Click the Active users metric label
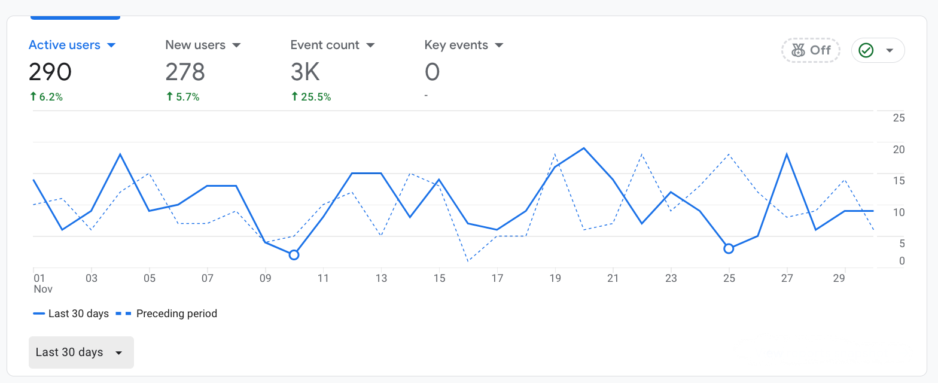tap(65, 45)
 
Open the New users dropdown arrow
tap(236, 45)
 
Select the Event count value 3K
tap(305, 72)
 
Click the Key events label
tap(456, 45)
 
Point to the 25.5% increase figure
tap(310, 97)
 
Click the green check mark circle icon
tap(866, 50)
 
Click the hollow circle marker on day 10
tap(294, 255)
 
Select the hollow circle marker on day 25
tap(729, 248)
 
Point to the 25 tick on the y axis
tap(899, 118)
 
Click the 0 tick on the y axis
tap(902, 261)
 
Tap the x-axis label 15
tap(440, 278)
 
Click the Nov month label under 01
tap(43, 289)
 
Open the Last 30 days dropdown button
tap(81, 352)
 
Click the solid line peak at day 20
tap(584, 148)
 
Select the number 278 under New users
tap(185, 72)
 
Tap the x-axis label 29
tap(839, 278)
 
